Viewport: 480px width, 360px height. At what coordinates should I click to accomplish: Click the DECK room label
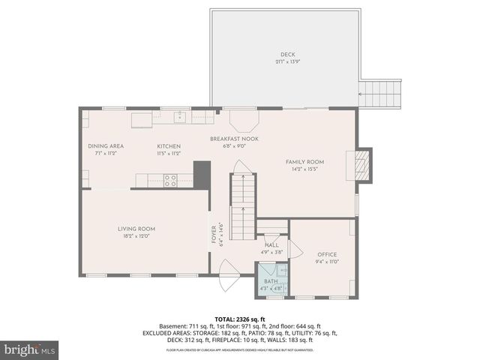click(x=288, y=55)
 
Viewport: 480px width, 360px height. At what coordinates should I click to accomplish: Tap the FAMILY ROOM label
click(x=304, y=162)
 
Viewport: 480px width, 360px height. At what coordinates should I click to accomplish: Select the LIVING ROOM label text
click(x=136, y=229)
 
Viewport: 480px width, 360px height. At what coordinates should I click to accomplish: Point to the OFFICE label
click(x=327, y=254)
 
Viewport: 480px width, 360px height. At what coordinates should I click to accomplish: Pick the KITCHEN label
click(x=168, y=145)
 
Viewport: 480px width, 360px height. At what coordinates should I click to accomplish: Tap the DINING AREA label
click(x=105, y=145)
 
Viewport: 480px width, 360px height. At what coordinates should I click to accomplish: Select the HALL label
click(x=271, y=245)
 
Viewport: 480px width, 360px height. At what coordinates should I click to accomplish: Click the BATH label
click(x=270, y=281)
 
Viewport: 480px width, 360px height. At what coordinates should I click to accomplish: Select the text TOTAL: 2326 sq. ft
click(x=240, y=319)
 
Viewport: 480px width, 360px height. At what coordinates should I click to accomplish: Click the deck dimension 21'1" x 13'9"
click(x=288, y=62)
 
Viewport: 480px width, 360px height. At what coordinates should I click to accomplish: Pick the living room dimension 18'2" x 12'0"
click(x=136, y=236)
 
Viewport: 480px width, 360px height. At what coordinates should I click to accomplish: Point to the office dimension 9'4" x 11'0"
click(x=327, y=262)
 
